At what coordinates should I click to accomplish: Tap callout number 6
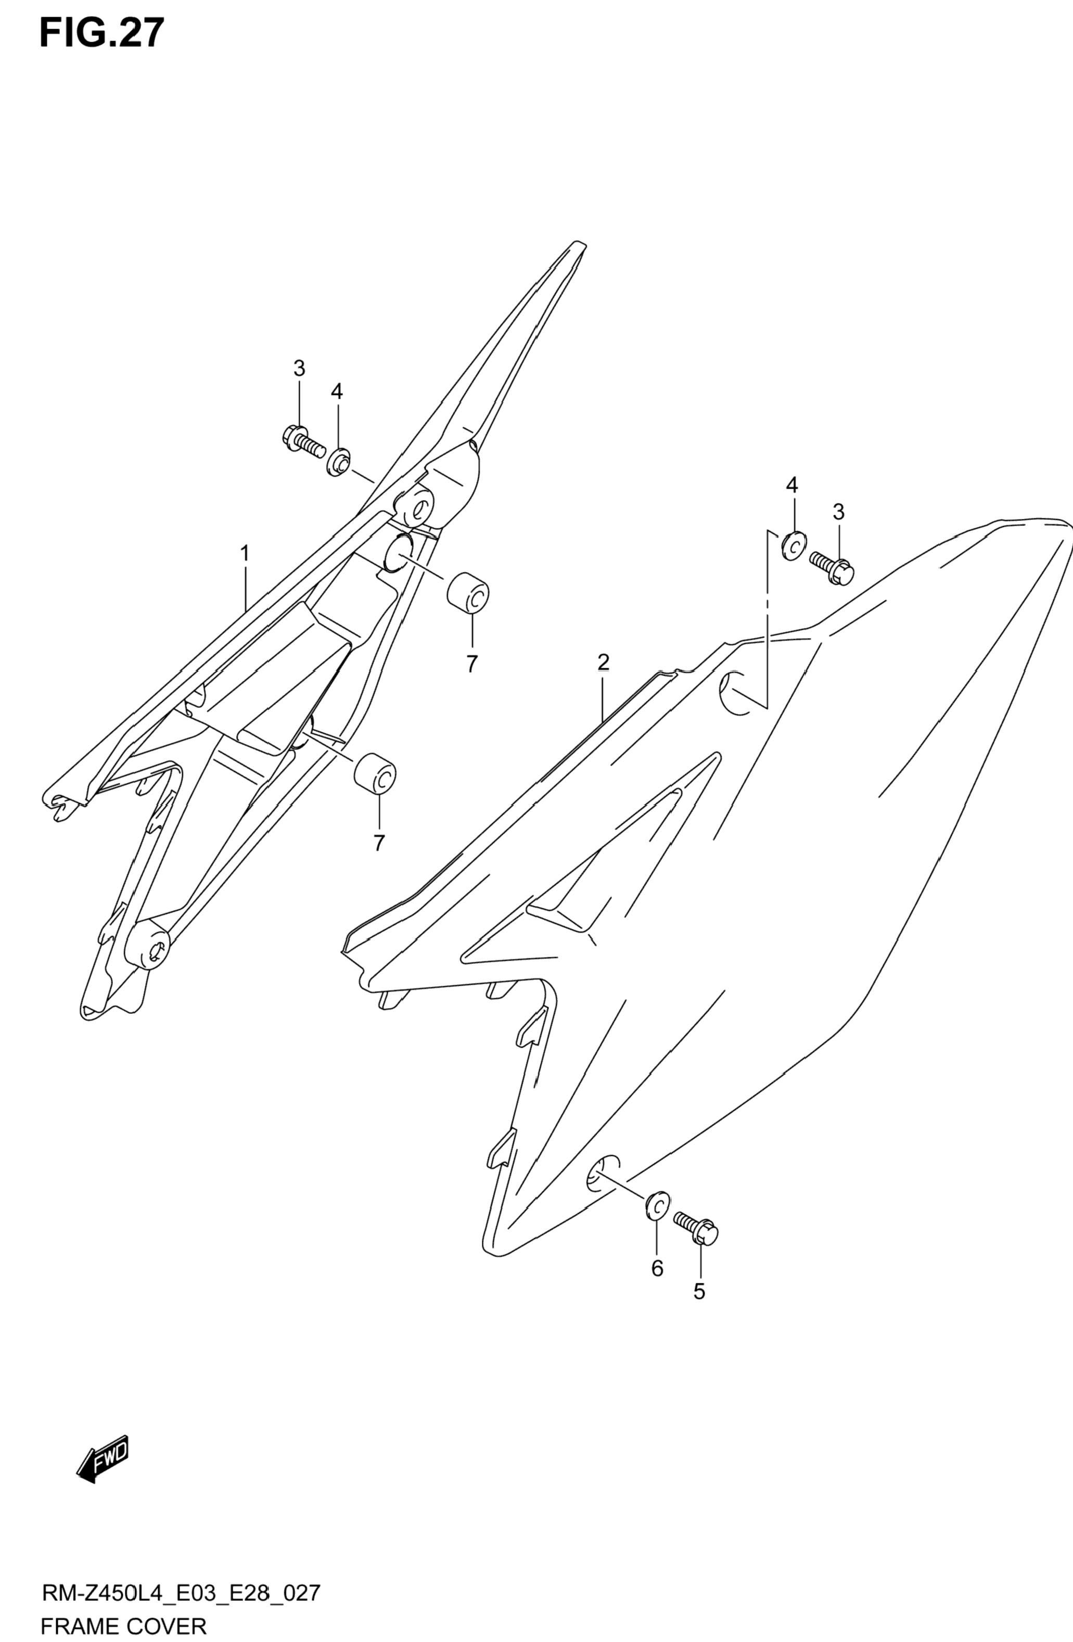[x=657, y=1267]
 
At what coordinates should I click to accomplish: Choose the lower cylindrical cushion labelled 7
[x=375, y=775]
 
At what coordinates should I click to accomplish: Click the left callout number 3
[x=299, y=368]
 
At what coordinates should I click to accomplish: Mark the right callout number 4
[x=791, y=485]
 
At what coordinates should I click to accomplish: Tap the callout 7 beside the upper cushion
[x=471, y=664]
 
